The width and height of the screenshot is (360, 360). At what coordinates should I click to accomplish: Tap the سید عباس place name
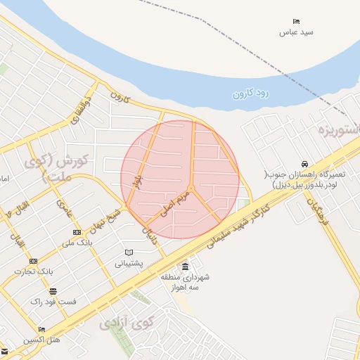click(296, 32)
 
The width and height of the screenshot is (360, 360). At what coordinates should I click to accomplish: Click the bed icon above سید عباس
click(297, 22)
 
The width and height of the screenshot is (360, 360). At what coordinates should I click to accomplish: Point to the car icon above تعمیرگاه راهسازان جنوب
click(302, 163)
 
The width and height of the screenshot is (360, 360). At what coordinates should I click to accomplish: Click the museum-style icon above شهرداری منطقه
click(185, 267)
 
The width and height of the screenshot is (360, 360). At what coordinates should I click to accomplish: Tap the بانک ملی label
click(77, 243)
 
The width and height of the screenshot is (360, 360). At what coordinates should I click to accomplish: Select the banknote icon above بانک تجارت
click(34, 261)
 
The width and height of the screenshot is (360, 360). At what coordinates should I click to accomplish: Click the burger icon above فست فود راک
click(52, 290)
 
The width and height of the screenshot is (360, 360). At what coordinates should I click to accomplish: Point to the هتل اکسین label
click(41, 340)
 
